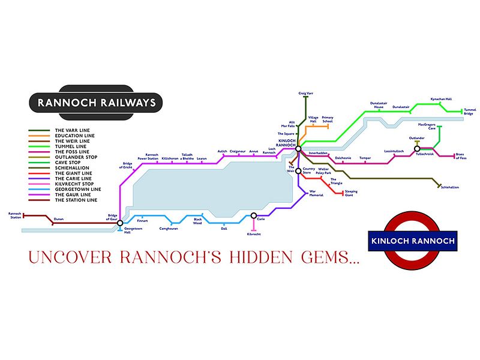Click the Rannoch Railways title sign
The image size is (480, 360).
pos(96,103)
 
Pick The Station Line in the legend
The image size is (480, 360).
pos(75,200)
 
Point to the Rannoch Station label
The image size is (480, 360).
pos(15,215)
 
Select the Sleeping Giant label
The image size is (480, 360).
pos(352,193)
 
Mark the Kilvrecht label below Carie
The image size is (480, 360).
pos(254,234)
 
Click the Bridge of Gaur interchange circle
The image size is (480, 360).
pos(120,223)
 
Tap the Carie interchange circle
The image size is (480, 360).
pos(254,215)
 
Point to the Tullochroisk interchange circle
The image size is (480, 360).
pos(417,148)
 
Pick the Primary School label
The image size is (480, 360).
pos(328,119)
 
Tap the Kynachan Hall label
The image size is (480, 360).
pos(441,99)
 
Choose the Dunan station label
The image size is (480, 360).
pos(58,219)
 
